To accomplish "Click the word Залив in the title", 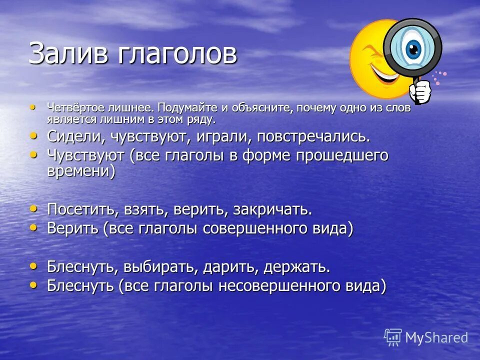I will (67, 54).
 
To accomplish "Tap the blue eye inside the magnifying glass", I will (413, 48).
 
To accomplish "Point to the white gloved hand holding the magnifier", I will (420, 91).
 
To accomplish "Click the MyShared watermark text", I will (436, 338).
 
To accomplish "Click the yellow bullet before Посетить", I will (33, 207).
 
